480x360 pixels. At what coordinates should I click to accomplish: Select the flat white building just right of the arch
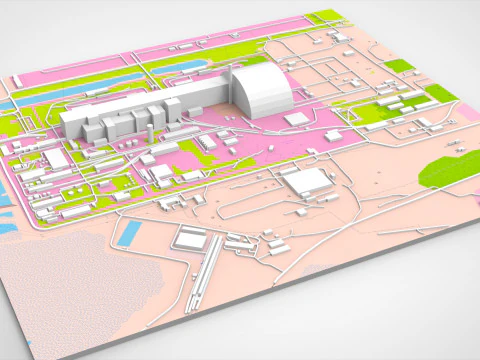click(x=295, y=118)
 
